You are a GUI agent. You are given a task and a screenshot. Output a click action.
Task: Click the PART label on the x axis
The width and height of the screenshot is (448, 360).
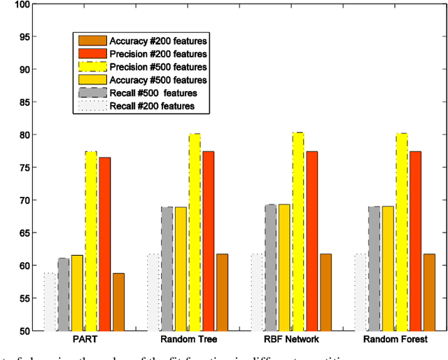click(x=85, y=339)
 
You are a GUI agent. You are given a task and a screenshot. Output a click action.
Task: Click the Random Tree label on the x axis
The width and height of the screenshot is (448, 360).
click(x=188, y=339)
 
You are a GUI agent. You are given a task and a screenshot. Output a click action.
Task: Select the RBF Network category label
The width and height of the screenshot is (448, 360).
click(x=292, y=339)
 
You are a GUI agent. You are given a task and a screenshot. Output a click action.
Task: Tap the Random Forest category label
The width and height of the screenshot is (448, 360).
click(x=395, y=339)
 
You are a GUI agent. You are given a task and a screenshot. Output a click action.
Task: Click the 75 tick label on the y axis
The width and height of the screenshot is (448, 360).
click(x=23, y=167)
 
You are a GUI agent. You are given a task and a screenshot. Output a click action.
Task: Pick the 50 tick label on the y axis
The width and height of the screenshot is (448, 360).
click(x=23, y=331)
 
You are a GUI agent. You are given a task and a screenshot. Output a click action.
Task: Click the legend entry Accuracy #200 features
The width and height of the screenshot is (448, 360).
click(x=157, y=41)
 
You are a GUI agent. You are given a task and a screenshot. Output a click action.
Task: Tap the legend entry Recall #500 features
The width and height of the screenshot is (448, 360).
click(x=153, y=93)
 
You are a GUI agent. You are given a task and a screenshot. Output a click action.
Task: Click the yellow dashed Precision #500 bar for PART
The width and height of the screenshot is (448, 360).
click(x=91, y=241)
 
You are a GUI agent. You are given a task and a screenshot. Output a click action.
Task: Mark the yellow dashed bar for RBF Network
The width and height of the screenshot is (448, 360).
click(x=298, y=231)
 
